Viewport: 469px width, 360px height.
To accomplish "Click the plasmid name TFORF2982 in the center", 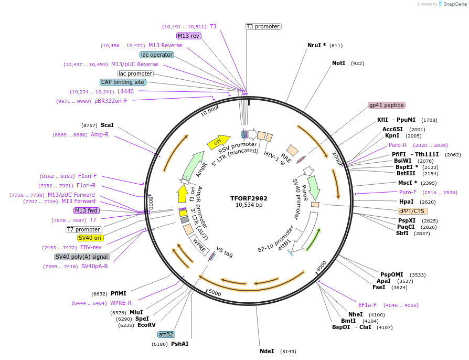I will (249, 198).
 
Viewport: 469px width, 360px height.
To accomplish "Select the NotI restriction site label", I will (339, 63).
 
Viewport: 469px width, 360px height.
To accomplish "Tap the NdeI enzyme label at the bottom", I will (267, 351).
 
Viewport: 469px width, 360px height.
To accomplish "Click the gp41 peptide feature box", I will (386, 105).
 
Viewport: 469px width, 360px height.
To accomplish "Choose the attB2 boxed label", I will (166, 334).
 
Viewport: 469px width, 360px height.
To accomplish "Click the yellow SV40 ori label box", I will (90, 238).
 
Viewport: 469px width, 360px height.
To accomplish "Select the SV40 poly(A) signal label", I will (82, 257).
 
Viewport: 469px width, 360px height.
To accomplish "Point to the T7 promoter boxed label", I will (83, 229).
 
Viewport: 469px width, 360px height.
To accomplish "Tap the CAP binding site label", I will (123, 82).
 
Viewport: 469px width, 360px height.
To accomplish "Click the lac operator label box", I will (156, 55).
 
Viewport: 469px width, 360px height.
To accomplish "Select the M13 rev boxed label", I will (188, 36).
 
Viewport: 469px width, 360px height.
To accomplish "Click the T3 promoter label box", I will (263, 26).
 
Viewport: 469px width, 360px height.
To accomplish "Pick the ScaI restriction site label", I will (107, 125).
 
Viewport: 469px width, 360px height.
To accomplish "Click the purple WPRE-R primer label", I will (121, 303).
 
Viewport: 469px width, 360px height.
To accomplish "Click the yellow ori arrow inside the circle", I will (218, 141).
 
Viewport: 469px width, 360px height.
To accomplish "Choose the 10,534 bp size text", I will (249, 205).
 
